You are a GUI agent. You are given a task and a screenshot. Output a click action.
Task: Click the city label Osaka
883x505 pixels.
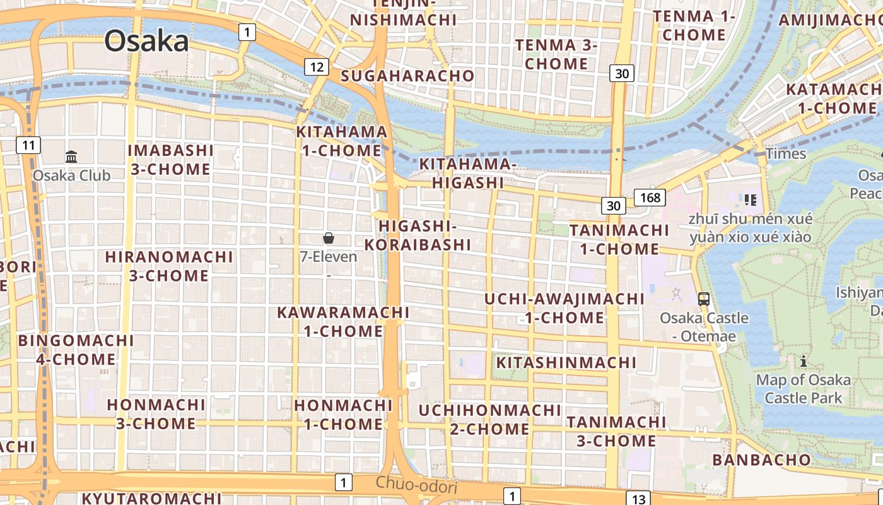pyautogui.click(x=146, y=41)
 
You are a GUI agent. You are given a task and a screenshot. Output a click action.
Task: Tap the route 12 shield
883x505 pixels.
pyautogui.click(x=317, y=66)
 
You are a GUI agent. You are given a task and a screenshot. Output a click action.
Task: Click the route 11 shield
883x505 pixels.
pyautogui.click(x=28, y=146)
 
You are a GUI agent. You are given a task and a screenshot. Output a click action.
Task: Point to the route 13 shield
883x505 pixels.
pyautogui.click(x=639, y=499)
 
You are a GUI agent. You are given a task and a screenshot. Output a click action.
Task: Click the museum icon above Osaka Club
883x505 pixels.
pyautogui.click(x=71, y=157)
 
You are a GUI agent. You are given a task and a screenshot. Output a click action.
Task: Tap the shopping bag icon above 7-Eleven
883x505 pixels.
pyautogui.click(x=328, y=238)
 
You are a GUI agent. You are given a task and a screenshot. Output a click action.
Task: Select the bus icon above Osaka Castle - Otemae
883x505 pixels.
pyautogui.click(x=704, y=299)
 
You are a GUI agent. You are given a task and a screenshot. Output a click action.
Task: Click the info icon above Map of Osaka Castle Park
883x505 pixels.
pyautogui.click(x=804, y=361)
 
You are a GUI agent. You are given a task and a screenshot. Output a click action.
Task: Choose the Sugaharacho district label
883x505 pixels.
pyautogui.click(x=407, y=76)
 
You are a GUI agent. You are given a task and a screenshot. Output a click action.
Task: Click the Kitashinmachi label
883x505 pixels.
pyautogui.click(x=566, y=362)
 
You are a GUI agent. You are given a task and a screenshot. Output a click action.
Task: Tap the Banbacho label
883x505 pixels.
pyautogui.click(x=761, y=460)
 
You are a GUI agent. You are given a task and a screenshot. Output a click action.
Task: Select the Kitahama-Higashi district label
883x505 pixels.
pyautogui.click(x=467, y=173)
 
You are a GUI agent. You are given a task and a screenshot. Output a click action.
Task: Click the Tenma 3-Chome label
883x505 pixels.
pyautogui.click(x=556, y=54)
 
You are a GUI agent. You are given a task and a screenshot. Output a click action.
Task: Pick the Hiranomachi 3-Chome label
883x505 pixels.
pyautogui.click(x=169, y=266)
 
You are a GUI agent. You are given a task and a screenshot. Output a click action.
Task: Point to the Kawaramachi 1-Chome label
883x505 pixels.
pyautogui.click(x=343, y=321)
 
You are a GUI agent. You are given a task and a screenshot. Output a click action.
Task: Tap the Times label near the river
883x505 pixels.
pyautogui.click(x=785, y=153)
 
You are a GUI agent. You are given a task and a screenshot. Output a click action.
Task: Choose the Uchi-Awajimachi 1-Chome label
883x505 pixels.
pyautogui.click(x=564, y=308)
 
